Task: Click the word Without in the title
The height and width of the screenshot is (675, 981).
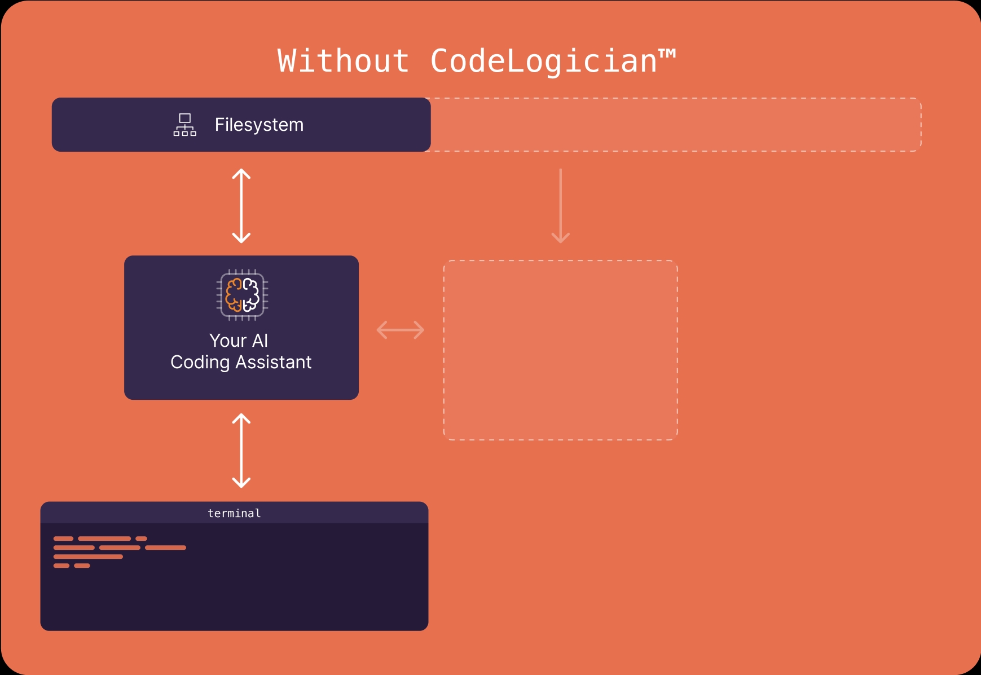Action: click(343, 61)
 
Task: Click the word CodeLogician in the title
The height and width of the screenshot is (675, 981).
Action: click(543, 61)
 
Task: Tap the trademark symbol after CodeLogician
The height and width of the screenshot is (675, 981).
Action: click(667, 54)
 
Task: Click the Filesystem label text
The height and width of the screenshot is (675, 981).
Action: click(259, 125)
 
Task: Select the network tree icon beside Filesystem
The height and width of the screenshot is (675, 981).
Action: click(185, 125)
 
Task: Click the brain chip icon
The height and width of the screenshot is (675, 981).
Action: click(242, 295)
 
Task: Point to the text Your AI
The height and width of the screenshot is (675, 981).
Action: click(239, 341)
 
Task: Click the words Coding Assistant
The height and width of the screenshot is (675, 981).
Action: click(241, 362)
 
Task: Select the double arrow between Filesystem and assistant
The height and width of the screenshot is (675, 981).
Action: click(241, 206)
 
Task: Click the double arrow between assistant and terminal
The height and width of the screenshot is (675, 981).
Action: click(241, 451)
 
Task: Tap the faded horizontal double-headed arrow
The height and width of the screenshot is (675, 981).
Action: click(401, 330)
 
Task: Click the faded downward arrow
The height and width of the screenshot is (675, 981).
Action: click(560, 206)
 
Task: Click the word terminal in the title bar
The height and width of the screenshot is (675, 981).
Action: click(234, 513)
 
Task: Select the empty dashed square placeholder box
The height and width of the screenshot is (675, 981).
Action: click(560, 350)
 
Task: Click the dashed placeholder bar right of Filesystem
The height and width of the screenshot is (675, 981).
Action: click(674, 125)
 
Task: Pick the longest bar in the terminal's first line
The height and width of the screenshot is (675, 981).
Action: click(104, 539)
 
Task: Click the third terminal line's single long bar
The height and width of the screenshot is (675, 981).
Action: click(88, 557)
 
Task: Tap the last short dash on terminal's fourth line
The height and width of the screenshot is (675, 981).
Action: click(82, 566)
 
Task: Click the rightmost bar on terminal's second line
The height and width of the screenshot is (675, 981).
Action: click(165, 548)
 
